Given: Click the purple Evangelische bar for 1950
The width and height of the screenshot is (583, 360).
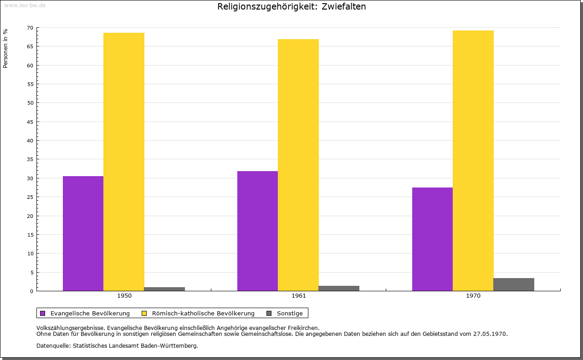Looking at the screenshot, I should (x=83, y=233).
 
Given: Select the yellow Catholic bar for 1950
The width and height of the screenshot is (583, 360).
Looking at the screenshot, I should (x=124, y=162).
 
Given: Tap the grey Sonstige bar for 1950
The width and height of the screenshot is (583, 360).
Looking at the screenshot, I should (x=164, y=289).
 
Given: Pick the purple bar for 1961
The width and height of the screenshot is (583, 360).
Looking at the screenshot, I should (x=257, y=231).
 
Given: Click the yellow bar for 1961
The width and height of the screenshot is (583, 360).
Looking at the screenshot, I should (x=298, y=165).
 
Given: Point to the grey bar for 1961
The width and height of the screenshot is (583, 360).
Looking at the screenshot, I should (x=339, y=288).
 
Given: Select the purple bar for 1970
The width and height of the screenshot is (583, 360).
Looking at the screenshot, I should (x=432, y=239).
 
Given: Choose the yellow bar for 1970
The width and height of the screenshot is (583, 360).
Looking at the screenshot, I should (x=473, y=161).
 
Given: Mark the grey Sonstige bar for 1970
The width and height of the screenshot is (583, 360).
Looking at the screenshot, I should (x=513, y=284).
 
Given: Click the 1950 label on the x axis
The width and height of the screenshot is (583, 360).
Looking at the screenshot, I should (x=124, y=296).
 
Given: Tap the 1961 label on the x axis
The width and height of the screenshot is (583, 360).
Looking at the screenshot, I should (x=299, y=296).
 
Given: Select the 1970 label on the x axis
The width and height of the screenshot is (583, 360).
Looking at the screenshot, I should (x=473, y=296).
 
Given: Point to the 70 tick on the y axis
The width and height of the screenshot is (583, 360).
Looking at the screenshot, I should (x=30, y=28).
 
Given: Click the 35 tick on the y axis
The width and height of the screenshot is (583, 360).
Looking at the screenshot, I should (x=30, y=159).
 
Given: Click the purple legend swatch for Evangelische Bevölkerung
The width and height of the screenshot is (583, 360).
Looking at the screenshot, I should (x=43, y=313).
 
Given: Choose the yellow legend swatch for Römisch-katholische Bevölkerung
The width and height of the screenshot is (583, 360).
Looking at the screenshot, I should (x=144, y=313).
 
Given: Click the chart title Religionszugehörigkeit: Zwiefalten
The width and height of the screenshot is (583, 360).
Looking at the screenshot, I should (x=291, y=7).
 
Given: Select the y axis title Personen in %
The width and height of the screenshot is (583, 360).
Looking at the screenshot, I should (x=5, y=48).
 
